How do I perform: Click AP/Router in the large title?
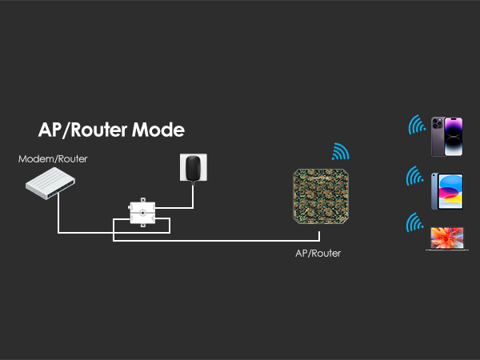[x=84, y=130]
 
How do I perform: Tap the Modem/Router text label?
[x=53, y=159]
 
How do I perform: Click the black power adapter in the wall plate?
[x=191, y=168]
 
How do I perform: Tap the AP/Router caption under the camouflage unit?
[x=318, y=254]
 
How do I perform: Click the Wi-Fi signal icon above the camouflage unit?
[x=341, y=151]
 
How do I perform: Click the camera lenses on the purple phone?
[x=438, y=126]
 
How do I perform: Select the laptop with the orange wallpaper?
[x=446, y=238]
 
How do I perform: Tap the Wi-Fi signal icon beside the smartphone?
[x=416, y=126]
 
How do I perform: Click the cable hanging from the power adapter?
[x=193, y=196]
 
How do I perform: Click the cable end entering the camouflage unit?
[x=318, y=234]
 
